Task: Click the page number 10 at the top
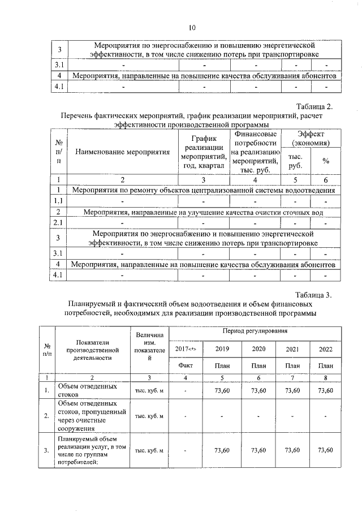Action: coord(191,27)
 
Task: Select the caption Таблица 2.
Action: coord(319,106)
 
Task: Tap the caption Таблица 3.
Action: coord(319,295)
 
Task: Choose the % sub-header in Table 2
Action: coord(326,161)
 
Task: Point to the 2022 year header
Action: coord(325,348)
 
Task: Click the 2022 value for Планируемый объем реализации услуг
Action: coord(325,450)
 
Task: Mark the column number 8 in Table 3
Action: coord(325,377)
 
